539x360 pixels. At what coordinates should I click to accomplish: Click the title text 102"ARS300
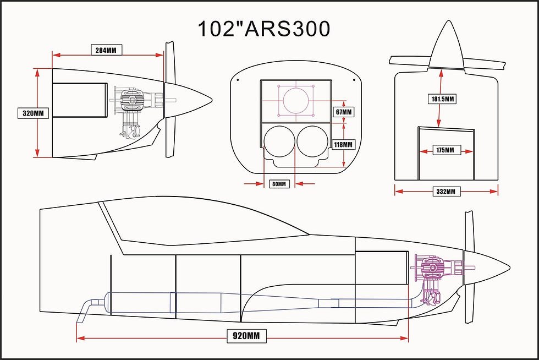[263, 29]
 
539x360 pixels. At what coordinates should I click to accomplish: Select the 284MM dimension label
[106, 50]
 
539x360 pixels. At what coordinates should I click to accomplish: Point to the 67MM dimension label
[344, 112]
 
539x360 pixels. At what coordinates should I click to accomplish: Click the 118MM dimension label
[344, 144]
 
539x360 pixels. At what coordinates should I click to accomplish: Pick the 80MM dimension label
[279, 184]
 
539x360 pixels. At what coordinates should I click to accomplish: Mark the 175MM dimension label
[446, 150]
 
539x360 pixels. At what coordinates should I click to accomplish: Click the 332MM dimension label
[446, 191]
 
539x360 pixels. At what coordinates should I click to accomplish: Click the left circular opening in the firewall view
[279, 141]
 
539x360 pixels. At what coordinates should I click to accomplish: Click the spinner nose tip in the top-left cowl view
[211, 100]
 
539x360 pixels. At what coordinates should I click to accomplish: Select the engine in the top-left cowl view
[132, 107]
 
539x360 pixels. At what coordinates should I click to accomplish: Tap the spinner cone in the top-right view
[446, 50]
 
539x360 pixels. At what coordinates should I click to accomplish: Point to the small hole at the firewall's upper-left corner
[238, 80]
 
